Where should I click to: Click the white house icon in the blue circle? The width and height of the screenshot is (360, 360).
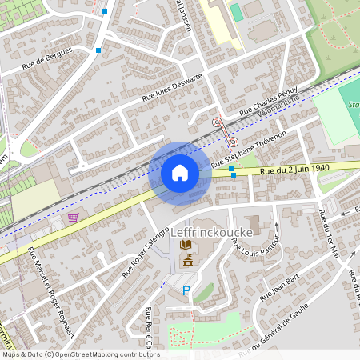[180, 173]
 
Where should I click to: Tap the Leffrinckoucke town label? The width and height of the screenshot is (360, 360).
[213, 232]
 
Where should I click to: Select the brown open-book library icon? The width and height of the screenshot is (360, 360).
[186, 245]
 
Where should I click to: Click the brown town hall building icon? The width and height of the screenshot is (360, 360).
[189, 261]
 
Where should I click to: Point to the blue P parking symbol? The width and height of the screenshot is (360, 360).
[187, 290]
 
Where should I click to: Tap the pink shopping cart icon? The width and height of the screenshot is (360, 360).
[74, 217]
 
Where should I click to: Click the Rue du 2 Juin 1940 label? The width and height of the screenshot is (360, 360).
[294, 169]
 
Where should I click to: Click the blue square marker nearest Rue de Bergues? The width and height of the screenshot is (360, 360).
[98, 50]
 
